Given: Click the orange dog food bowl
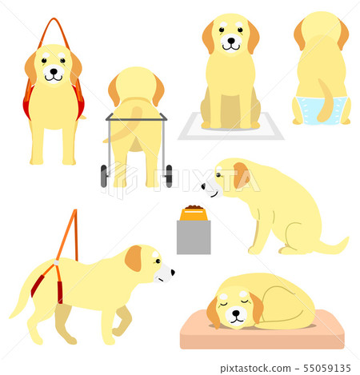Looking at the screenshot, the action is (194, 214).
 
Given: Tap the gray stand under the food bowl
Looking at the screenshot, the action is (194, 237).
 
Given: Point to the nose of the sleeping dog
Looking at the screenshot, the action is (236, 313).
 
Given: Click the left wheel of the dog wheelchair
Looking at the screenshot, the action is (104, 176).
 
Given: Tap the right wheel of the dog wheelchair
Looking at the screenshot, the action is (169, 176).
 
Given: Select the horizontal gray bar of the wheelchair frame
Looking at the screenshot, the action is (137, 119).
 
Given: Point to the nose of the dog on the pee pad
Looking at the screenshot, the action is (231, 41).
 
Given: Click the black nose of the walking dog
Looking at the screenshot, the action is (173, 272).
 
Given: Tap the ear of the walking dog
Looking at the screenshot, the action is (133, 258).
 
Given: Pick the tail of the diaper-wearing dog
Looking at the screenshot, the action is (325, 102).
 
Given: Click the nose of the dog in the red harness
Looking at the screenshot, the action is (54, 71).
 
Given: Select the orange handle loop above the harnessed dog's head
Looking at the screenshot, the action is (54, 32).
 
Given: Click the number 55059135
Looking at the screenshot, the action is (327, 369).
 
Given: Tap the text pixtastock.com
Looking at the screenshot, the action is (255, 369).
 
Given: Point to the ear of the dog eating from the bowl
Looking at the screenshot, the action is (241, 174).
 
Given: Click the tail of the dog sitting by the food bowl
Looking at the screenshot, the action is (334, 245).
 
